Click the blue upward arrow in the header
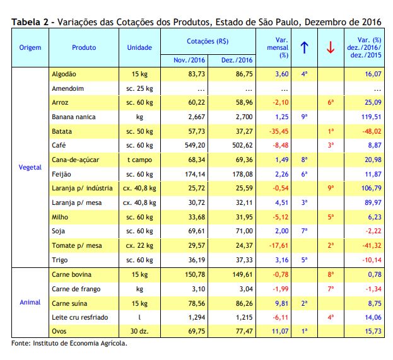pyautogui.click(x=304, y=47)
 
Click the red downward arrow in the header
pyautogui.click(x=331, y=47)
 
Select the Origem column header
pyautogui.click(x=30, y=47)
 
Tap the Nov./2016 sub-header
pyautogui.click(x=189, y=60)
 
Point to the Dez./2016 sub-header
pyautogui.click(x=237, y=60)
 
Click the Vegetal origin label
pyautogui.click(x=30, y=167)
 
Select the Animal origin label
pyautogui.click(x=30, y=303)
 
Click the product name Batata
pyautogui.click(x=62, y=131)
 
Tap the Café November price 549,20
pyautogui.click(x=195, y=145)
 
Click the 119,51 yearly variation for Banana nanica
pyautogui.click(x=371, y=117)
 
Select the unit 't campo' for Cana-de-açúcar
pyautogui.click(x=139, y=160)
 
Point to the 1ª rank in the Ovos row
pyautogui.click(x=304, y=331)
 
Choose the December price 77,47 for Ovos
pyautogui.click(x=244, y=331)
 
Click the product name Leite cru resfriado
pyautogui.click(x=79, y=317)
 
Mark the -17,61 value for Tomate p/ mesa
pyautogui.click(x=279, y=245)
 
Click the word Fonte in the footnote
pyautogui.click(x=20, y=343)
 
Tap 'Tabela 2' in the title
pyautogui.click(x=30, y=22)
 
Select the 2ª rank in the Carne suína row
pyautogui.click(x=304, y=303)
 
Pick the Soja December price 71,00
pyautogui.click(x=244, y=231)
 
